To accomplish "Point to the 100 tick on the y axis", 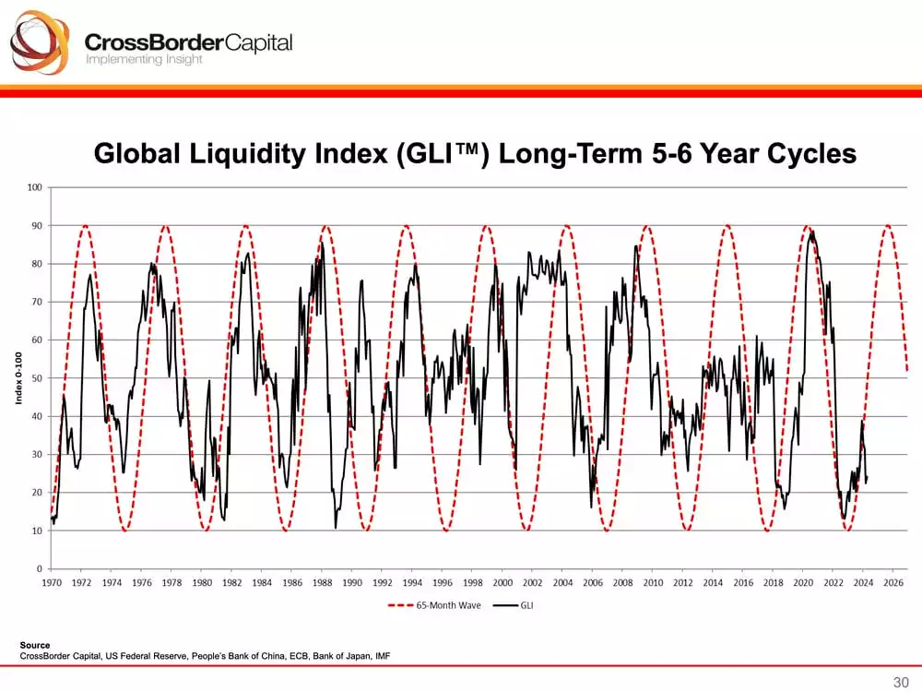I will pyautogui.click(x=35, y=187).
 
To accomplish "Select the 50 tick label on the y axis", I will pyautogui.click(x=37, y=378).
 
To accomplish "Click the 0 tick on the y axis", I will pyautogui.click(x=40, y=568).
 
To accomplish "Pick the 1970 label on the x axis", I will pyautogui.click(x=52, y=583).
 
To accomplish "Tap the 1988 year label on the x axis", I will pyautogui.click(x=323, y=583).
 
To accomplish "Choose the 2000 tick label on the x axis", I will pyautogui.click(x=502, y=583).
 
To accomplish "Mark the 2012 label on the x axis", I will pyautogui.click(x=683, y=583).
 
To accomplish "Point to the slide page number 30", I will pyautogui.click(x=901, y=682).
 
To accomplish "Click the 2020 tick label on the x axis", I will pyautogui.click(x=803, y=583).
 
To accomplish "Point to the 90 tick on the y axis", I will pyautogui.click(x=37, y=225).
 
